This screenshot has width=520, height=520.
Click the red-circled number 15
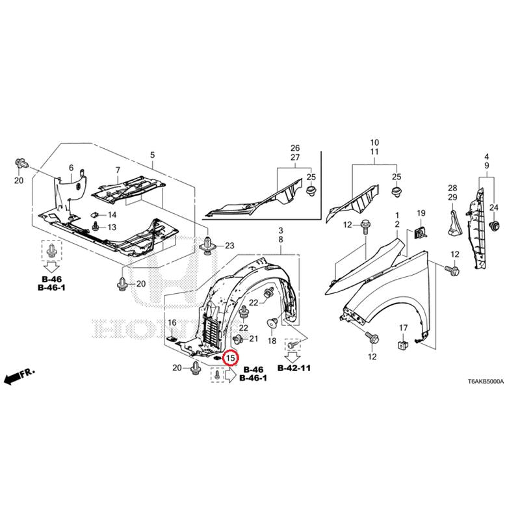231,358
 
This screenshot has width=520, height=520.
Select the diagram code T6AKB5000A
486,382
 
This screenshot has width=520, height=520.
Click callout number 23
229,246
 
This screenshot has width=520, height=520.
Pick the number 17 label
403,328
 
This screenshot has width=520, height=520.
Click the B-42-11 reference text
294,368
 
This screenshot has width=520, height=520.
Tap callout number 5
152,155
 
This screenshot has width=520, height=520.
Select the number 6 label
71,168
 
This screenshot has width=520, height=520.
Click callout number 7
118,170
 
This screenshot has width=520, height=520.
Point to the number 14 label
112,215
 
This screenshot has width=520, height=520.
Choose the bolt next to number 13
96,226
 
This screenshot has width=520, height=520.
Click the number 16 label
172,322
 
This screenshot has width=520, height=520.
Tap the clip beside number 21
237,339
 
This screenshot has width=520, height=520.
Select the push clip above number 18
272,322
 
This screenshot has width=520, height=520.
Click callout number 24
494,207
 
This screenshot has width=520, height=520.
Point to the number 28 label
452,188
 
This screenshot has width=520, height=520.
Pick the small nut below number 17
403,344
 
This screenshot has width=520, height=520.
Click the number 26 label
295,148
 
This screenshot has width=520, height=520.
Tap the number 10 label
374,142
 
